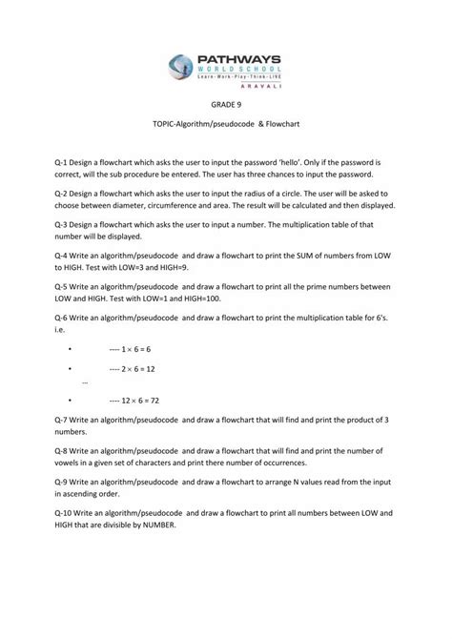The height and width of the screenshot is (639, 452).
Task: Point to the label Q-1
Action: point(66,163)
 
